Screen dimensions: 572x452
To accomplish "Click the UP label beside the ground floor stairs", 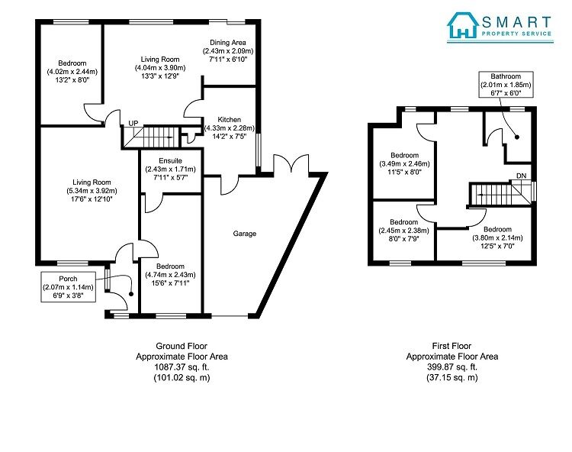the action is (133, 124).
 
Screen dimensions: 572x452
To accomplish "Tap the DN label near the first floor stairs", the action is (522, 176).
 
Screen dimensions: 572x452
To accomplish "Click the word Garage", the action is (244, 234).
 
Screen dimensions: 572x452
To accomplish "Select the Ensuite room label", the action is (170, 160).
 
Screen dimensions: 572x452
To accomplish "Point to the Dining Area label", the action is (227, 42).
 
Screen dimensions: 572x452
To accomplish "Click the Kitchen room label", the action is (229, 119).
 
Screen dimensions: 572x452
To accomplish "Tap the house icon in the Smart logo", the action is (463, 25).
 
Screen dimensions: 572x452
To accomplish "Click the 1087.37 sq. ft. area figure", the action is (182, 367).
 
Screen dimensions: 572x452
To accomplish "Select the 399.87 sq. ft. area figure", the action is (452, 367).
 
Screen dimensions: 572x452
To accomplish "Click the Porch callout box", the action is (68, 286).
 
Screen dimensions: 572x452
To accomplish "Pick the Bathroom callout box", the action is (506, 84).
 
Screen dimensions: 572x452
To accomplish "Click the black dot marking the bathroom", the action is (517, 137).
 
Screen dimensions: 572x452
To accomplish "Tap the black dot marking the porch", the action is (131, 294).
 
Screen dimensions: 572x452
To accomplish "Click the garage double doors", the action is (291, 163).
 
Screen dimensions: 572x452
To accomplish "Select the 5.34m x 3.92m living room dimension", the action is (92, 191).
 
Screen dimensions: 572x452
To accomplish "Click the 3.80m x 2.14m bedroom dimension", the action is (497, 237).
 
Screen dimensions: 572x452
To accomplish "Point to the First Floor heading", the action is (451, 346).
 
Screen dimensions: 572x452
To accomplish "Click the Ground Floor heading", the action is (182, 346).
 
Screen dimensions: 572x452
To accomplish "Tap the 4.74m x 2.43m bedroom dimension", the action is (170, 275).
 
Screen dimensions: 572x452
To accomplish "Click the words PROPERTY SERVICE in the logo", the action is (516, 34).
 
